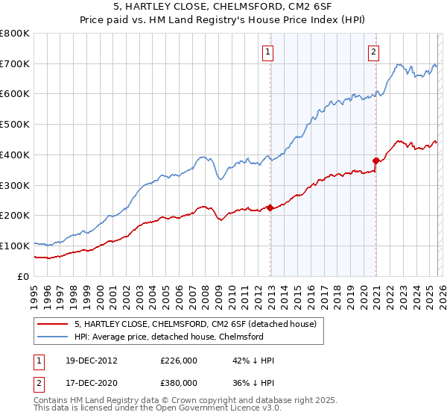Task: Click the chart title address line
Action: pyautogui.click(x=223, y=7)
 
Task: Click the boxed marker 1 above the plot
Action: pyautogui.click(x=267, y=52)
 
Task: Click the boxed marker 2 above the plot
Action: pyautogui.click(x=372, y=52)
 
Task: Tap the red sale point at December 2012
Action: pyautogui.click(x=270, y=208)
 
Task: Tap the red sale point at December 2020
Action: pyautogui.click(x=375, y=160)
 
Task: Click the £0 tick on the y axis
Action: pyautogui.click(x=24, y=276)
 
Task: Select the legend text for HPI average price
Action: pyautogui.click(x=175, y=337)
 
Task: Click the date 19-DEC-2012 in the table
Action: pyautogui.click(x=92, y=360)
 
